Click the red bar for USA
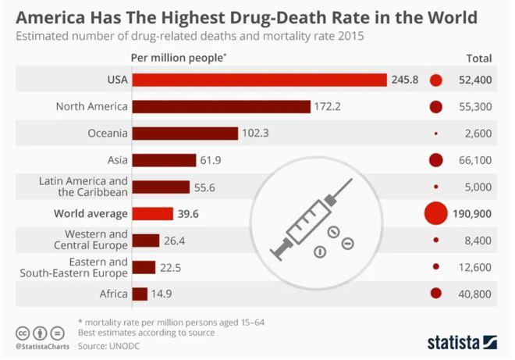(x=260, y=80)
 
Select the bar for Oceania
(x=185, y=133)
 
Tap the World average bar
(x=153, y=213)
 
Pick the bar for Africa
(x=140, y=294)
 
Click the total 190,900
(x=472, y=213)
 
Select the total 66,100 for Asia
(x=475, y=160)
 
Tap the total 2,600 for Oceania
(x=478, y=134)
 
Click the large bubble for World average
(x=435, y=213)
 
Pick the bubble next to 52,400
(x=436, y=80)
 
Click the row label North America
(x=92, y=106)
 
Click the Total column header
(x=478, y=58)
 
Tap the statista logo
(x=462, y=342)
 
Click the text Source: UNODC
(x=113, y=344)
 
